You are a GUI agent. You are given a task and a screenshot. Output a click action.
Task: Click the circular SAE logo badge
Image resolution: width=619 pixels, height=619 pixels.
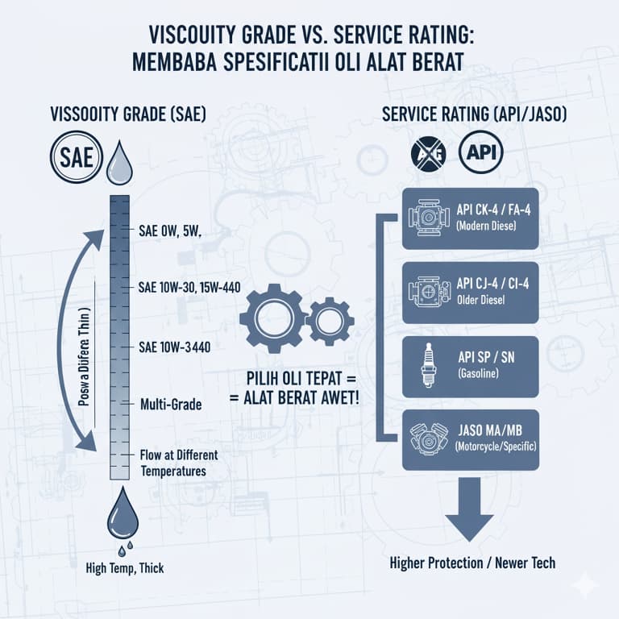coord(77,156)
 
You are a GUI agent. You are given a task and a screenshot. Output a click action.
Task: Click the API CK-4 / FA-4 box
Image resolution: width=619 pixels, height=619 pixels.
coord(470,218)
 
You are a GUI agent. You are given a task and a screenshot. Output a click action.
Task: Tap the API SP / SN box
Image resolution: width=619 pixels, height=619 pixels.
coord(470,365)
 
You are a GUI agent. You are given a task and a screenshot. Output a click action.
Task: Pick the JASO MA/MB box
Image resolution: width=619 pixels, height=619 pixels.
coord(470,439)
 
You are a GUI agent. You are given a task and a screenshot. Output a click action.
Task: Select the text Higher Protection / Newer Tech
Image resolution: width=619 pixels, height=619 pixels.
coord(472,563)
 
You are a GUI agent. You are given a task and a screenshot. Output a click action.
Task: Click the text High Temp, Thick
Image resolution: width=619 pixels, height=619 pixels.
coord(125,568)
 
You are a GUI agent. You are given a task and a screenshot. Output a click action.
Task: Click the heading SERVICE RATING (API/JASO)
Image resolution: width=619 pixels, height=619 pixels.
coord(474,115)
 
